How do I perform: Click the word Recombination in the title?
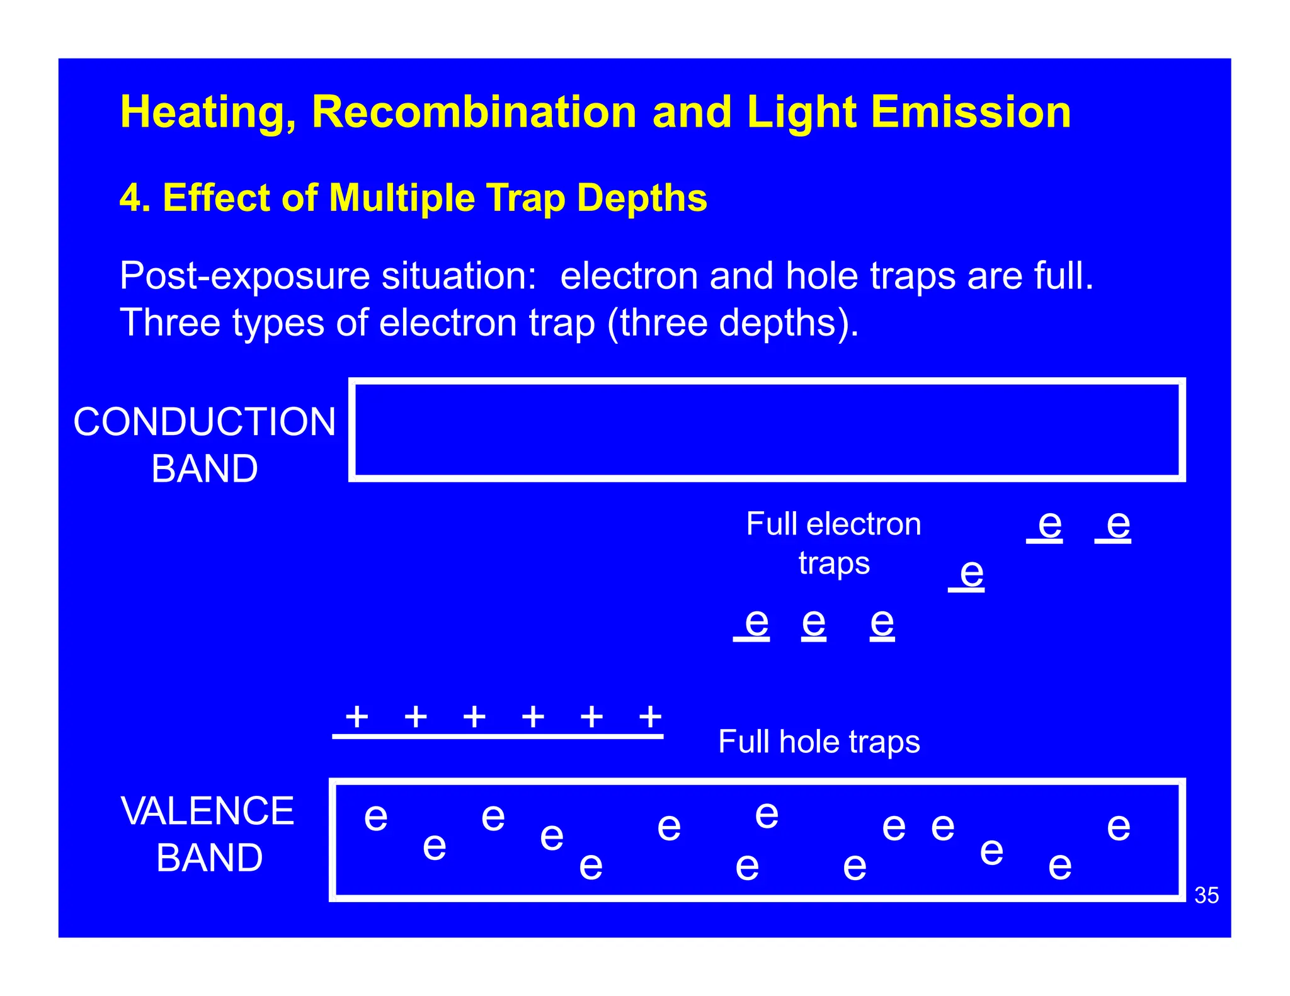[x=474, y=112]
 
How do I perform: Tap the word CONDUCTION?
[x=205, y=421]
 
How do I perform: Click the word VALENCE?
[x=207, y=811]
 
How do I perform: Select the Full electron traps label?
[x=833, y=543]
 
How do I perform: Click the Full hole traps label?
[x=819, y=742]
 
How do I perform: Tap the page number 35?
[x=1206, y=895]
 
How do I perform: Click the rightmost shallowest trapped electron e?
[x=1118, y=524]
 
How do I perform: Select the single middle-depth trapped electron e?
[x=971, y=574]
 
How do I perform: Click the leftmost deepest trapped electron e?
[x=756, y=623]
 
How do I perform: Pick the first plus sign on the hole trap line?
[x=357, y=716]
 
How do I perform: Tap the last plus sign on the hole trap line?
[x=650, y=716]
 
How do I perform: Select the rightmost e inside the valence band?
[x=1118, y=827]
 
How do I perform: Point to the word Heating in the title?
[x=208, y=113]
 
